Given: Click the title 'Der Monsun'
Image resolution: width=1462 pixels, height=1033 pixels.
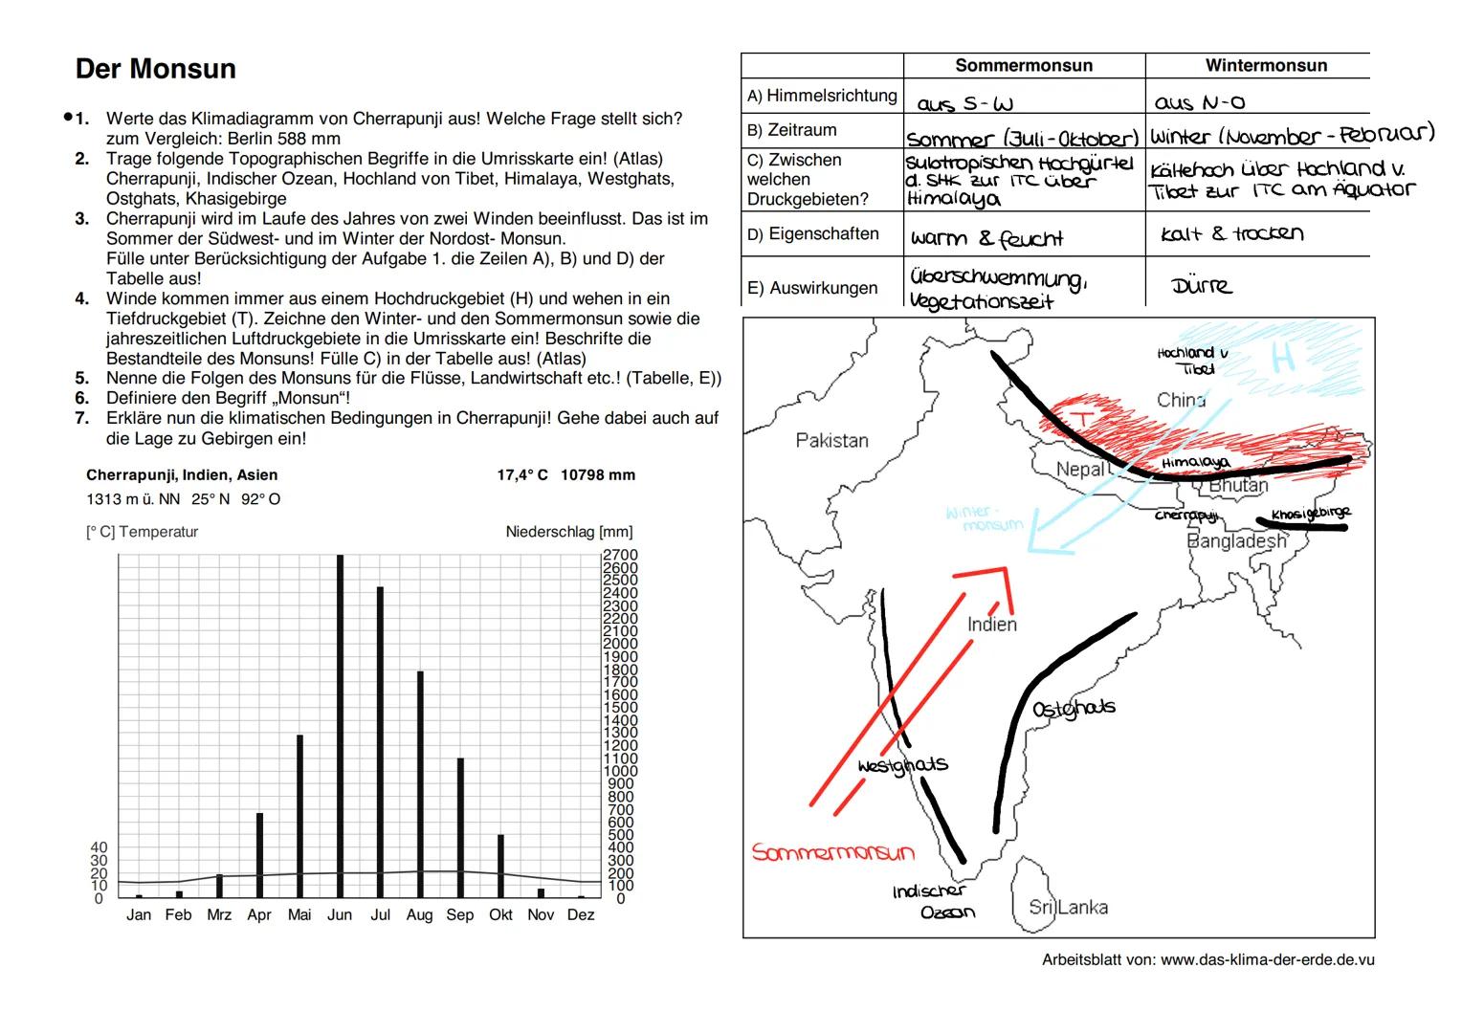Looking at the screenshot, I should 155,69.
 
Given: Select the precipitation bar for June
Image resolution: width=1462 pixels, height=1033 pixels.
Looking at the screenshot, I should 340,727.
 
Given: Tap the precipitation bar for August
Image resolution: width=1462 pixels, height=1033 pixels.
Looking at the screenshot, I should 420,784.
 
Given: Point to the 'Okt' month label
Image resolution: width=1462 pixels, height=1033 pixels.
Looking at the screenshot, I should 500,915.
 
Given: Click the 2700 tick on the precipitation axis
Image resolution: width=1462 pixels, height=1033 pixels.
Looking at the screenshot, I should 620,555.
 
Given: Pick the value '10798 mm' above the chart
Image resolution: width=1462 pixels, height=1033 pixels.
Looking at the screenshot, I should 598,475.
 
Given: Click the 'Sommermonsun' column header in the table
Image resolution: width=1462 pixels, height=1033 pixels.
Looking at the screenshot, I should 1023,66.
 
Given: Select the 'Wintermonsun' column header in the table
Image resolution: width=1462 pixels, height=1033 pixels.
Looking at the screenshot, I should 1265,66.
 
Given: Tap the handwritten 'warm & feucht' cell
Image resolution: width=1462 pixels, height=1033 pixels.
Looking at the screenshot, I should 986,238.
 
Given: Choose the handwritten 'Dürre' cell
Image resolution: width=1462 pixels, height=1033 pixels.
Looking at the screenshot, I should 1201,286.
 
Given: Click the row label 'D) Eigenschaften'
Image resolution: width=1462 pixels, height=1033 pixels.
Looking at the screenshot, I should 813,234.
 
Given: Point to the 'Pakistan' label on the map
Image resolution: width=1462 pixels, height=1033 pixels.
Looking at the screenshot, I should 831,441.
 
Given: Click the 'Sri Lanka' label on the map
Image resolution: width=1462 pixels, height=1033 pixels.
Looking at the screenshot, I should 1068,907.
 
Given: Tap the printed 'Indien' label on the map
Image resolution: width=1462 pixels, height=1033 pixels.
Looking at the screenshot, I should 992,625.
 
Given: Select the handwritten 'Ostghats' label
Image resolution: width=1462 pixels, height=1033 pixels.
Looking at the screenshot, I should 1074,709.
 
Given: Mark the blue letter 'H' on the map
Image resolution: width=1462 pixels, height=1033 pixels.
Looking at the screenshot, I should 1283,358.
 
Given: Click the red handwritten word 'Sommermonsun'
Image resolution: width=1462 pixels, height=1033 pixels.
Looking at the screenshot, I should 832,852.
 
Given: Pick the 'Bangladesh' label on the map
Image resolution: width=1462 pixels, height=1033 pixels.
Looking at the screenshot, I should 1236,541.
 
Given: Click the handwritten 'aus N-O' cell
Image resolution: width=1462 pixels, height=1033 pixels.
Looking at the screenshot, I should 1200,102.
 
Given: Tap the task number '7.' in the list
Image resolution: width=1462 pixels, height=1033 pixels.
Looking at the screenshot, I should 82,419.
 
